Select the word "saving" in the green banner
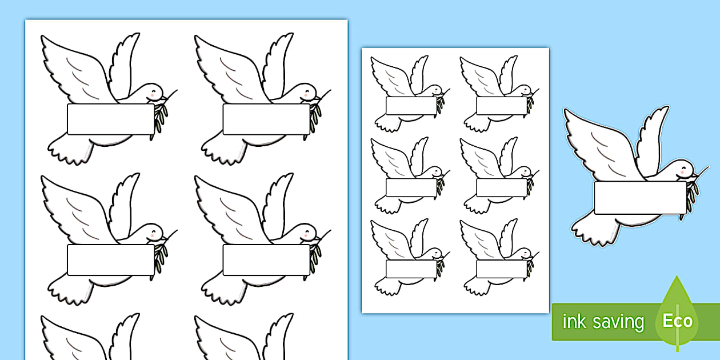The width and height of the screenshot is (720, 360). tap(618, 323)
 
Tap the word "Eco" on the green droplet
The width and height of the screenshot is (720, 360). tap(678, 321)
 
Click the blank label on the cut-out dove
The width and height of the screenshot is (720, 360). tap(640, 197)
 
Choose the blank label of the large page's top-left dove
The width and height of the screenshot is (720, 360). tap(111, 119)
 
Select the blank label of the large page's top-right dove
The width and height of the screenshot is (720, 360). tap(266, 119)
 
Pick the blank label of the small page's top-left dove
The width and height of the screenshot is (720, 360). tap(411, 106)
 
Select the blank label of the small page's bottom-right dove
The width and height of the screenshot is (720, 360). tap(502, 269)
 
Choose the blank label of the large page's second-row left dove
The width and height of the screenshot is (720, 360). tap(111, 259)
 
